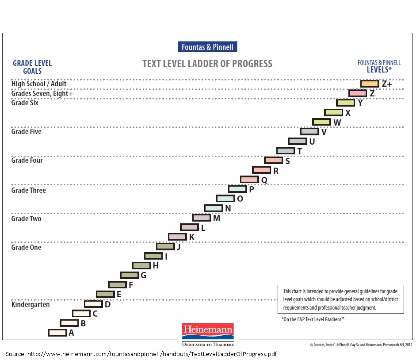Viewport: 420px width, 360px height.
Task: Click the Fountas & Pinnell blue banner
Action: pyautogui.click(x=207, y=47)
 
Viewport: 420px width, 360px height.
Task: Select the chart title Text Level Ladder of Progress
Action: pyautogui.click(x=207, y=64)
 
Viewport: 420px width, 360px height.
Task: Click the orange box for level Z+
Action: pyautogui.click(x=370, y=84)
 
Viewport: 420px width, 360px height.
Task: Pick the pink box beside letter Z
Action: pyautogui.click(x=357, y=93)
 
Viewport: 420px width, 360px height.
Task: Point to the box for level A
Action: pyautogui.click(x=57, y=333)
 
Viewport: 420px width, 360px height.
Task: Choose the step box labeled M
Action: pyautogui.click(x=201, y=218)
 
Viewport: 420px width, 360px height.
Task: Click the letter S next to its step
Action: pyautogui.click(x=287, y=161)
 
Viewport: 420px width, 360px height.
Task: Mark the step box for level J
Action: pyautogui.click(x=165, y=246)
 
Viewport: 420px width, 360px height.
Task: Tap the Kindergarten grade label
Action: pyautogui.click(x=31, y=304)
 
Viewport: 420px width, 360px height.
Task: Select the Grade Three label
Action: pyautogui.click(x=29, y=190)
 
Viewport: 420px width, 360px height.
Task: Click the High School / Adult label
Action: pyautogui.click(x=39, y=84)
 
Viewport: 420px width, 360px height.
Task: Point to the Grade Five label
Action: pyautogui.click(x=27, y=131)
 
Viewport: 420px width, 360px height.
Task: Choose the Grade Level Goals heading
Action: pyautogui.click(x=32, y=67)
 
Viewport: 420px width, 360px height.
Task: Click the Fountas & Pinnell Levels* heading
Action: pyautogui.click(x=379, y=66)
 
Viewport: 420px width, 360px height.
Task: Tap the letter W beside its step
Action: pyautogui.click(x=337, y=123)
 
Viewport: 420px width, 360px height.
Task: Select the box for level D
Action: pyautogui.click(x=93, y=304)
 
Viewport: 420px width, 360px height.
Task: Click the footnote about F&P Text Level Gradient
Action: pyautogui.click(x=313, y=319)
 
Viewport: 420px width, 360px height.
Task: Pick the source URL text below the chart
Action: pyautogui.click(x=141, y=354)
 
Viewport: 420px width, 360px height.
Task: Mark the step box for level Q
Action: pyautogui.click(x=249, y=179)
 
